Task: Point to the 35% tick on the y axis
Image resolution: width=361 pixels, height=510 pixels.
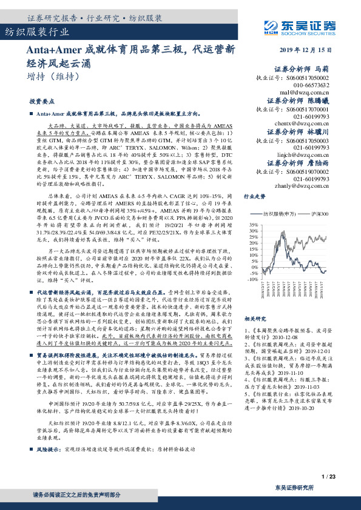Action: pos(252,224)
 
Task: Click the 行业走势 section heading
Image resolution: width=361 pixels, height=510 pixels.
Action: pos(254,197)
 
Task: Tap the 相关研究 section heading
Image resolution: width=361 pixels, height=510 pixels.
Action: pos(254,319)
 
